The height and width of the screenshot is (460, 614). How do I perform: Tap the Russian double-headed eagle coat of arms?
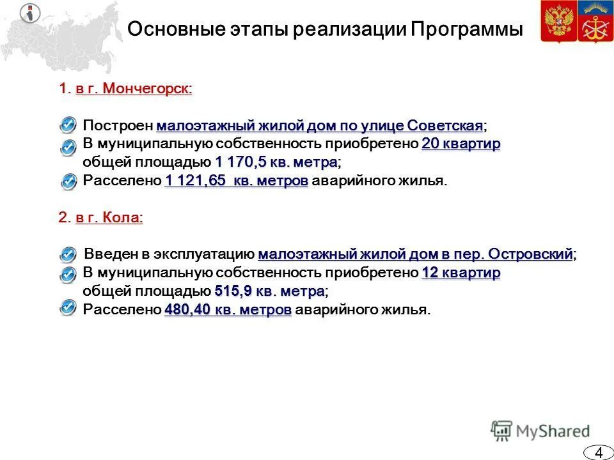pyautogui.click(x=558, y=22)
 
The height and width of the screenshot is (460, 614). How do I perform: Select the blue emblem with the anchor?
pyautogui.click(x=595, y=22)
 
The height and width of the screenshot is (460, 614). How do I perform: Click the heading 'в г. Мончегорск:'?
pyautogui.click(x=134, y=89)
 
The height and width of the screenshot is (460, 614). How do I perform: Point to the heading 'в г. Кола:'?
pyautogui.click(x=109, y=218)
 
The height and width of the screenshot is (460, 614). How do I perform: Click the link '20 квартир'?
pyautogui.click(x=461, y=144)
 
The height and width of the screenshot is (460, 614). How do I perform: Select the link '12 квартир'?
pyautogui.click(x=461, y=273)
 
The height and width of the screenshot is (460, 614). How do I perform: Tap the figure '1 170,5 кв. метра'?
pyautogui.click(x=276, y=162)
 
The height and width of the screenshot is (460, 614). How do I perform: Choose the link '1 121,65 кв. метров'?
pyautogui.click(x=237, y=181)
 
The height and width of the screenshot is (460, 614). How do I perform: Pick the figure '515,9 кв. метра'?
pyautogui.click(x=269, y=291)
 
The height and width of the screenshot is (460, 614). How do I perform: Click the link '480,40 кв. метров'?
pyautogui.click(x=228, y=310)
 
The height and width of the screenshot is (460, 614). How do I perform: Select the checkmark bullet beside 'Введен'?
pyautogui.click(x=70, y=254)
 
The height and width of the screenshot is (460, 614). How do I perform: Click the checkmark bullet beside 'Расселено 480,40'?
pyautogui.click(x=70, y=309)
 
